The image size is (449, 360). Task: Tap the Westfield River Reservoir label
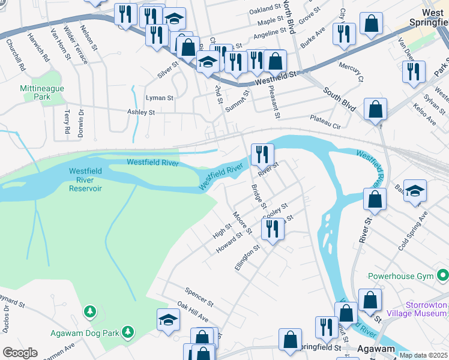point(85,180)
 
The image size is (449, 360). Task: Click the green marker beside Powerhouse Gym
point(443,276)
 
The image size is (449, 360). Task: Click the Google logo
point(19,353)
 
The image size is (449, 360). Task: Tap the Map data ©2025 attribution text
point(424,355)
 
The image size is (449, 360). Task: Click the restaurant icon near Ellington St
point(273,229)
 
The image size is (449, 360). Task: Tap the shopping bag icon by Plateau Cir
point(375,110)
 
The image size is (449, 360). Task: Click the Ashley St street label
point(141,112)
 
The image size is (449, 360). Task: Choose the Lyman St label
point(160,97)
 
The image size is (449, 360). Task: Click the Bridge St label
point(258,197)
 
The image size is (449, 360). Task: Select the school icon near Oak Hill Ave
point(168,320)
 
